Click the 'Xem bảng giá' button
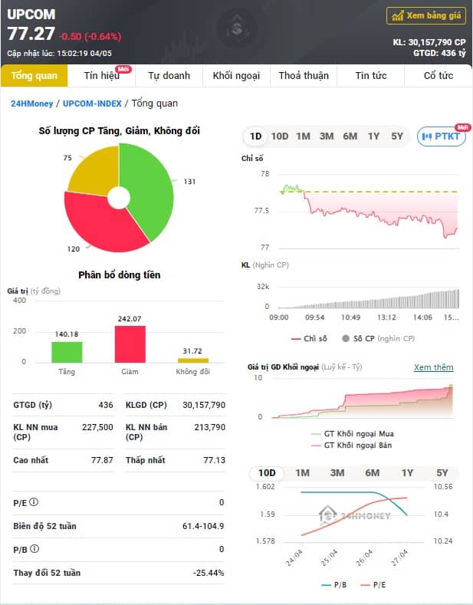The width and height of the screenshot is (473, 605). (426, 16)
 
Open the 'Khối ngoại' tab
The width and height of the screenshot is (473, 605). (236, 76)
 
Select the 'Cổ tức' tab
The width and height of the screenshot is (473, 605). (439, 76)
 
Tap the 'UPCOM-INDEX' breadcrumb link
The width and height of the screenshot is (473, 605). (92, 104)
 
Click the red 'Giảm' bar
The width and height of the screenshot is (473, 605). (130, 344)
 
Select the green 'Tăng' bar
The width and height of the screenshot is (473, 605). (67, 352)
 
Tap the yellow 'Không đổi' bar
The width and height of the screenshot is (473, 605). (193, 360)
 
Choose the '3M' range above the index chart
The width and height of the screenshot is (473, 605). (327, 136)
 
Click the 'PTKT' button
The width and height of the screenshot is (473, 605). (442, 136)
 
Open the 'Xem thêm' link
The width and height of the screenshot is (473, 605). (434, 367)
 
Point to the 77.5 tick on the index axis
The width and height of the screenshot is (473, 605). (261, 211)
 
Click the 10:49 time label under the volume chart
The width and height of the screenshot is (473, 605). (350, 317)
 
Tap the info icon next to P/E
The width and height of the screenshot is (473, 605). (34, 502)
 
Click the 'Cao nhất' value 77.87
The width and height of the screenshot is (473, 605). (102, 460)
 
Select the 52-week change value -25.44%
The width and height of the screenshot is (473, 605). (209, 573)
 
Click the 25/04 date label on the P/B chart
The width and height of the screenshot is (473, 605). (329, 558)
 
